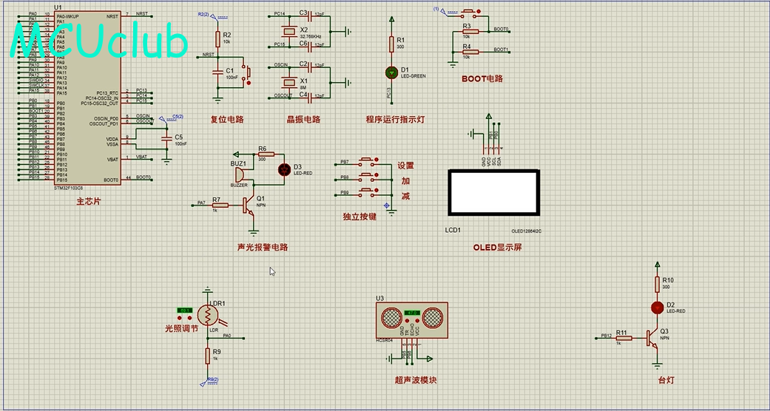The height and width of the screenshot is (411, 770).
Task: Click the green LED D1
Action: pos(391,72)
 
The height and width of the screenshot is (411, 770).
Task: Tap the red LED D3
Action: pos(285,169)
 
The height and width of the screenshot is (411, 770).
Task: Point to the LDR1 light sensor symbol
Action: pos(209,316)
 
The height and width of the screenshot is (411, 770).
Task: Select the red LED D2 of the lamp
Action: pos(656,308)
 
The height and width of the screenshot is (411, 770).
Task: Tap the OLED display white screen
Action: pos(493,194)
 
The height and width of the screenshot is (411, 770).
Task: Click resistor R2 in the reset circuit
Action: pos(217,39)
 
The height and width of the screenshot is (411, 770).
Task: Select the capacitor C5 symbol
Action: pos(167,139)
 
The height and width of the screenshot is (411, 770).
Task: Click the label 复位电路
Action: pos(227,120)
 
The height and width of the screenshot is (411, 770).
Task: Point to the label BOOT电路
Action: pos(482,78)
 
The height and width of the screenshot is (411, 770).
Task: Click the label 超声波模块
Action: pos(416,380)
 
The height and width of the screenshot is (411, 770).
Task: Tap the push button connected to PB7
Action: pos(366,160)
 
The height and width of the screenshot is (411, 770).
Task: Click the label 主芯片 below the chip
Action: pos(88,201)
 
